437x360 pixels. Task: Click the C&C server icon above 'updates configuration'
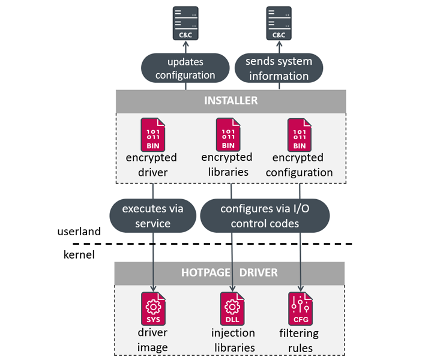[x=185, y=24]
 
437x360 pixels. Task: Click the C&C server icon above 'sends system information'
[x=279, y=24]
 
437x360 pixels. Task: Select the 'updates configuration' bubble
[x=185, y=68]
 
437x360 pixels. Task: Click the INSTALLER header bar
[x=231, y=101]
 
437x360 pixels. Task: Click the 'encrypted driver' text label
[x=151, y=165]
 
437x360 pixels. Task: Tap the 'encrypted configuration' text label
[x=303, y=165]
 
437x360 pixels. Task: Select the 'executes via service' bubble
[x=154, y=216]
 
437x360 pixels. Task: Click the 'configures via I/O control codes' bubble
[x=265, y=216]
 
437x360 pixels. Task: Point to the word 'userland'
[x=79, y=231]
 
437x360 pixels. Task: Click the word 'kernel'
[x=79, y=255]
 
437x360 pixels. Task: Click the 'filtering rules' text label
[x=299, y=340]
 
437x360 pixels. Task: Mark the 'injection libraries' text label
[x=233, y=340]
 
